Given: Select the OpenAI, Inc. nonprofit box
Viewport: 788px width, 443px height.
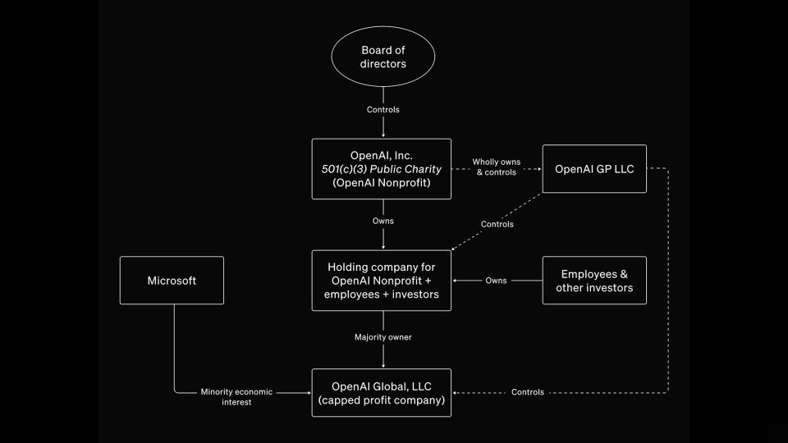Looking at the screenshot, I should pos(382,169).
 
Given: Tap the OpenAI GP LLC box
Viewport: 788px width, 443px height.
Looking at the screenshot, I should pos(594,169).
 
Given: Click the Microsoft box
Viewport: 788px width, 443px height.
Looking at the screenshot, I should pos(172,281).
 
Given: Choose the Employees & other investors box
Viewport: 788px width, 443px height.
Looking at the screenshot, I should pos(594,281).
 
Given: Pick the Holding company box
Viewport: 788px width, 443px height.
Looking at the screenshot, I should pos(382,281).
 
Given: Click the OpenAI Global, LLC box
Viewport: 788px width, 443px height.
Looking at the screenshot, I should pos(382,392).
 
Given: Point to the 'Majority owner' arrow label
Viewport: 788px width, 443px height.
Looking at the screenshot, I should pos(382,337).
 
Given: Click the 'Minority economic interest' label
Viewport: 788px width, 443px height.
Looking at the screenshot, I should pos(236,397).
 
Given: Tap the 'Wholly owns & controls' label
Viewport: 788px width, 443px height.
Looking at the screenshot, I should pos(496,167).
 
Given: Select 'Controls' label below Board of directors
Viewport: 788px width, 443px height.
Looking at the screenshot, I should pos(383,109).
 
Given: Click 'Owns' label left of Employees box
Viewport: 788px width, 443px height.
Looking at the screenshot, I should pos(496,281).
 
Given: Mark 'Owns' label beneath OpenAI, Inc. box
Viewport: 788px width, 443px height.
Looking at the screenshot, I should pos(383,221).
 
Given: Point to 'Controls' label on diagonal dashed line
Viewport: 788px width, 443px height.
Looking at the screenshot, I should pos(497,224).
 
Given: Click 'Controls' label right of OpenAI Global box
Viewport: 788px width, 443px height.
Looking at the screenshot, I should pos(527,392).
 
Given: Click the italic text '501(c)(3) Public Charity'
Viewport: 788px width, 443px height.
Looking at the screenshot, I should pos(382,169).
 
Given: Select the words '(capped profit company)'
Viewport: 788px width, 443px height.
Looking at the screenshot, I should pos(382,400).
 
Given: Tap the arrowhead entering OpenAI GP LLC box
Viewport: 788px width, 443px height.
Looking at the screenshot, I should pos(538,169).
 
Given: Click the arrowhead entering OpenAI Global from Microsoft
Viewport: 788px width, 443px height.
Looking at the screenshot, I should pos(308,392).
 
